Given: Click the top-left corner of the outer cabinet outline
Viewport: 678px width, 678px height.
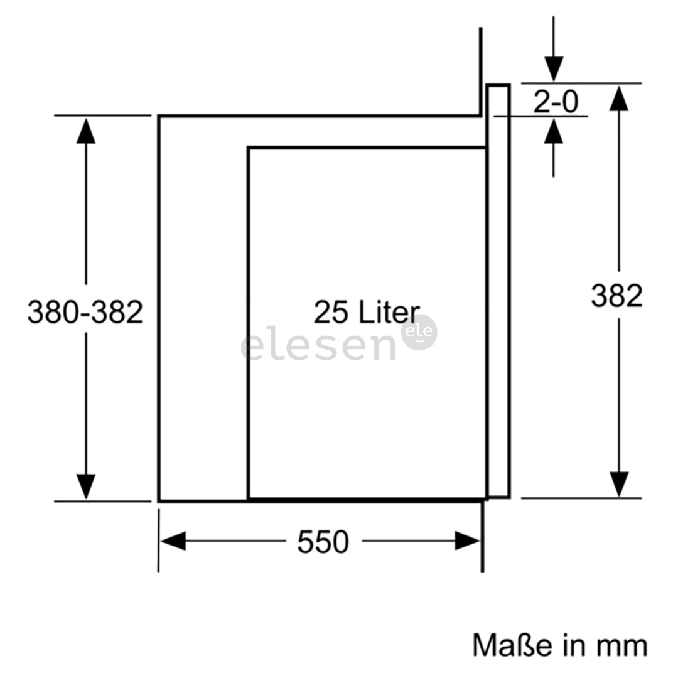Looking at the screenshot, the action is [159, 116].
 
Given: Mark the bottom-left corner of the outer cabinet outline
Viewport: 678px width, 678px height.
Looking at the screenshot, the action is [159, 501].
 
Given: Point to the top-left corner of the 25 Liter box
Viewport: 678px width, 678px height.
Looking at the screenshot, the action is [249, 148].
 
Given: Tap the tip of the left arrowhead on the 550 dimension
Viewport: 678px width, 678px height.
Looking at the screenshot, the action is [161, 541].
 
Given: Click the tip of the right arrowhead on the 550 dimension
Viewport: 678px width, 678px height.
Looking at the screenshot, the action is [480, 541].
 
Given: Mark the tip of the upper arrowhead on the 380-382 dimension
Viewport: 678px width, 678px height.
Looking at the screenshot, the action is [85, 118].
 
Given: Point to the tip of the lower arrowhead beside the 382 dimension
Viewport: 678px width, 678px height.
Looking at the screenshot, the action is [619, 497].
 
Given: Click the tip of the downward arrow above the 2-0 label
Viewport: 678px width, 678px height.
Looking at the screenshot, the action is [554, 82].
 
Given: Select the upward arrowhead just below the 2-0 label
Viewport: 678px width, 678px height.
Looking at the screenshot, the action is [554, 131].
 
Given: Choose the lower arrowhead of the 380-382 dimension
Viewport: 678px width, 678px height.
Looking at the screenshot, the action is [85, 487].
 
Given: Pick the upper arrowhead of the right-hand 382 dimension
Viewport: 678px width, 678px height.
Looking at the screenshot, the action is [619, 99].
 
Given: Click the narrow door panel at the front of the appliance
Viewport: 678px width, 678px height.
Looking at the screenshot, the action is [498, 291].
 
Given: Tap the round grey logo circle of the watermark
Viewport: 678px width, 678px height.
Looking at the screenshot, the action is [419, 332].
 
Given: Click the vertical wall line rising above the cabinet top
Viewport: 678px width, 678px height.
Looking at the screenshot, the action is [480, 72].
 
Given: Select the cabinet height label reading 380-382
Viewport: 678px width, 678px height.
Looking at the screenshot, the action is [85, 312].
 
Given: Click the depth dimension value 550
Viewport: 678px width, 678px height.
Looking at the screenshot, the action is [323, 542].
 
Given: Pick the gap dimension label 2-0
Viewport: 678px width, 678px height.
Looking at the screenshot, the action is [556, 102].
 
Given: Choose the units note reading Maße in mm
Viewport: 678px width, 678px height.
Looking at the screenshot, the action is [560, 645].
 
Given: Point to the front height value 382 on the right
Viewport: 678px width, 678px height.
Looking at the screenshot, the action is [617, 296].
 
